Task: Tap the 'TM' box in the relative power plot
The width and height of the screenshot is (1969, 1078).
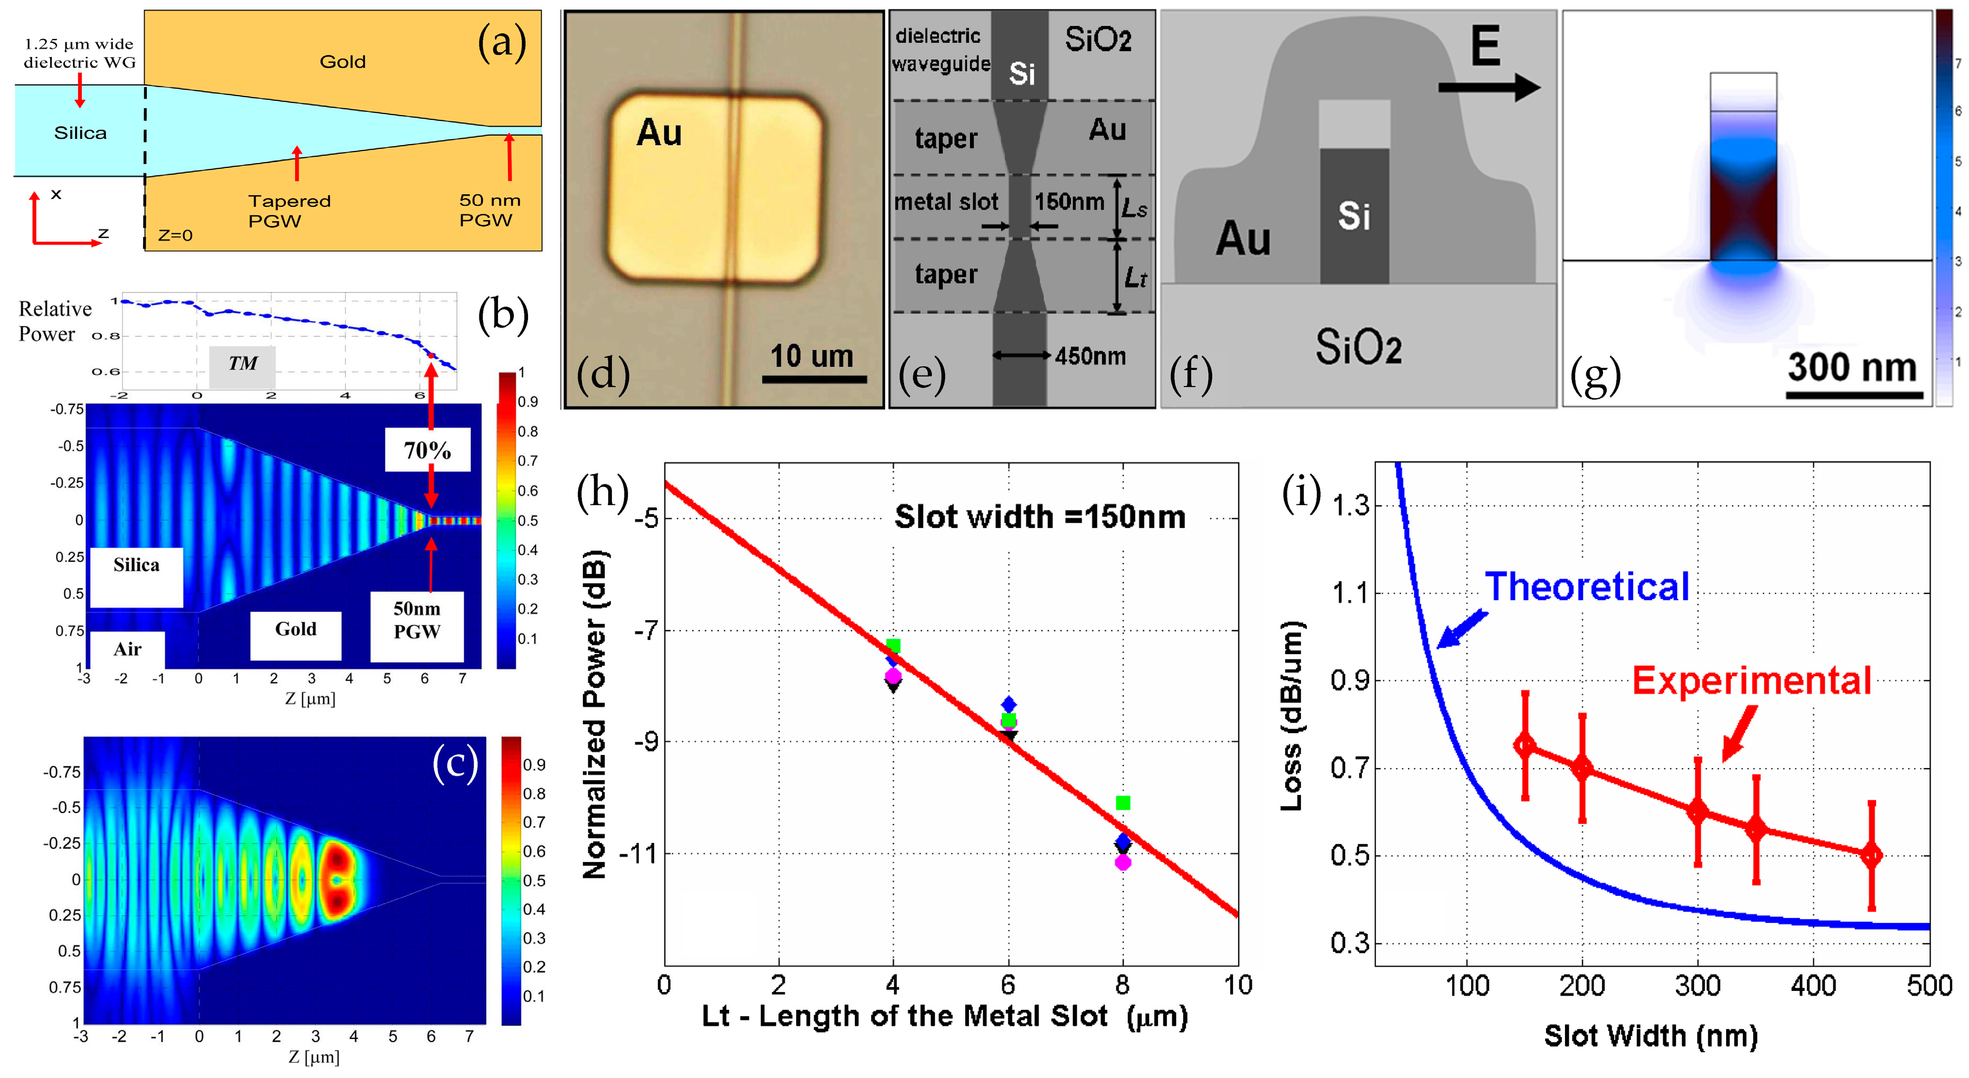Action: [x=242, y=364]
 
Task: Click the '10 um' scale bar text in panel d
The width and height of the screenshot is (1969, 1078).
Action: [x=811, y=356]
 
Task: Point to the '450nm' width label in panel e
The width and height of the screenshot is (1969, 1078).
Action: [x=1090, y=356]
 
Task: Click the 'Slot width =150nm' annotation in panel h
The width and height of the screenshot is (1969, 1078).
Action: [x=1040, y=517]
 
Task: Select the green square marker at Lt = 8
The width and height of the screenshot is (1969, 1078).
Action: [x=1122, y=803]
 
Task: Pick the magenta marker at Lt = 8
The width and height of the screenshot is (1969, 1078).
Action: [x=1122, y=863]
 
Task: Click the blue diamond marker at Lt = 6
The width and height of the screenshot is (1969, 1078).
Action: [x=1009, y=704]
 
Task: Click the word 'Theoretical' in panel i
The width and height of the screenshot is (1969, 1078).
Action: [x=1587, y=587]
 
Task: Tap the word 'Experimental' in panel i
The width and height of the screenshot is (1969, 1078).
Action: [x=1751, y=680]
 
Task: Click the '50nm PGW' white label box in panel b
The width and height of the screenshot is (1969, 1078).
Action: [x=417, y=620]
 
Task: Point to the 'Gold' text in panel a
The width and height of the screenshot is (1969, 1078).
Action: [x=343, y=62]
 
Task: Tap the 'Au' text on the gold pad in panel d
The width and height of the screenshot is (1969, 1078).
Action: [x=659, y=133]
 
